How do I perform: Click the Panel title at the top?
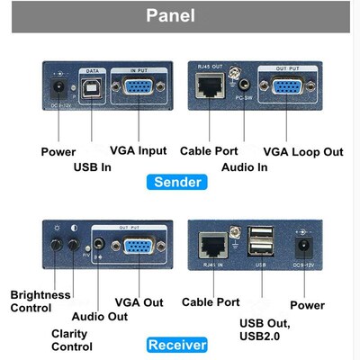(x=179, y=16)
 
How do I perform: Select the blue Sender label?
(x=178, y=182)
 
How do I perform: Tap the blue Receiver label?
(x=177, y=345)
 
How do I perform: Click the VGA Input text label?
(x=137, y=151)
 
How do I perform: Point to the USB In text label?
(x=93, y=167)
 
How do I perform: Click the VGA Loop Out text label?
(x=302, y=151)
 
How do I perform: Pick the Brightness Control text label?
(x=39, y=301)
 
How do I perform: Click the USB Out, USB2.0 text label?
(x=267, y=329)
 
